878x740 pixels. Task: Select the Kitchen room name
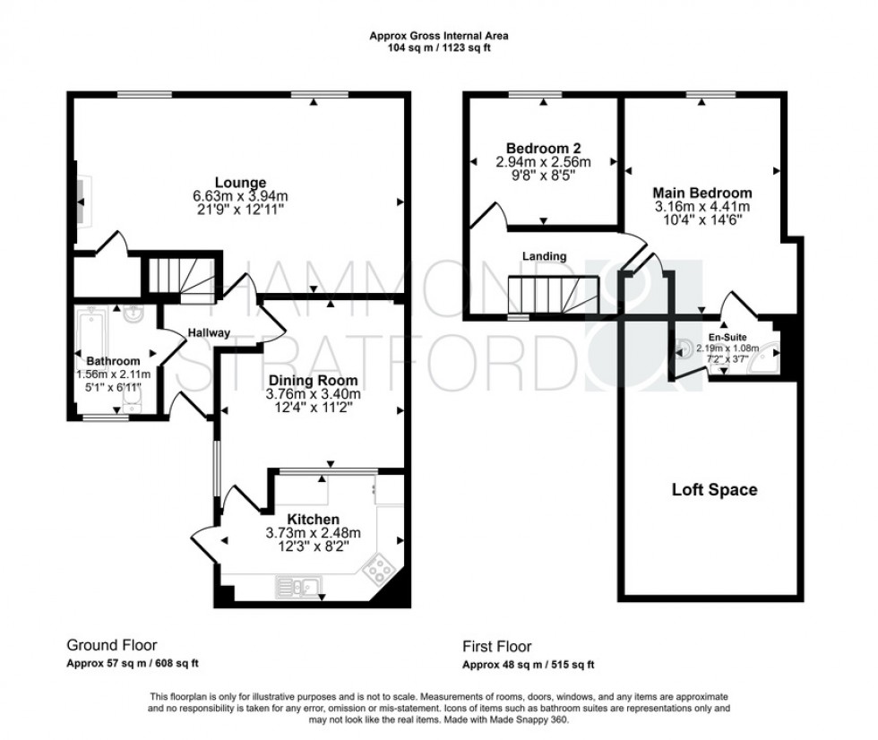[313, 520]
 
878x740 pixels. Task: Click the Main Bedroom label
[702, 193]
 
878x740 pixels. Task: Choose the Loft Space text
[714, 490]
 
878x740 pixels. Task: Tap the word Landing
[545, 256]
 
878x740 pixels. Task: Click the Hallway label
[208, 332]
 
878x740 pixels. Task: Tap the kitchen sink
[299, 587]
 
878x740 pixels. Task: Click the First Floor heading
[496, 645]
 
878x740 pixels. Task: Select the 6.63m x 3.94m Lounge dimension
[239, 196]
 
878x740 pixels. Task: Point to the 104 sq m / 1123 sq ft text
[439, 48]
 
